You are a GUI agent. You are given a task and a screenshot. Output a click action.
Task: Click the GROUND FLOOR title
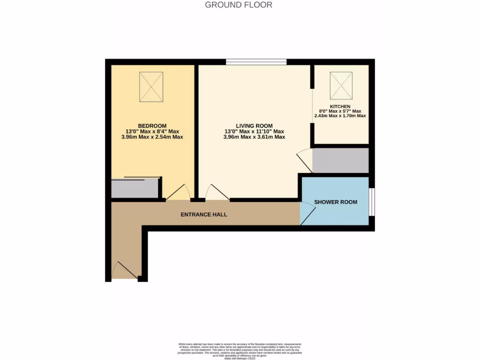click(x=239, y=5)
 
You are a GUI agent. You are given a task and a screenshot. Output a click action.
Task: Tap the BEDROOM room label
click(x=152, y=126)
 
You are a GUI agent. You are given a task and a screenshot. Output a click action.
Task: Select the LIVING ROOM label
click(x=254, y=126)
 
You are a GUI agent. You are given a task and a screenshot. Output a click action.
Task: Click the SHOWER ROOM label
click(x=336, y=202)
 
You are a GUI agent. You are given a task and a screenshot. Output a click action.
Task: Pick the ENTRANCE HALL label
click(x=204, y=215)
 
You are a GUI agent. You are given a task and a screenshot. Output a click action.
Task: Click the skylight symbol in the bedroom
click(x=151, y=87)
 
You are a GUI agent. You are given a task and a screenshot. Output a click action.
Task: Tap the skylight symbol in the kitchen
click(x=341, y=83)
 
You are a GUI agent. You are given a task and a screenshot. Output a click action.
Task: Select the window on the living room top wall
click(x=256, y=61)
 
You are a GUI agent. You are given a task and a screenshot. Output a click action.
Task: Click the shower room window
click(x=371, y=202)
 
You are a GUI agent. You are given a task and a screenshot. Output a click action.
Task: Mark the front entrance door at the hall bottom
click(x=124, y=271)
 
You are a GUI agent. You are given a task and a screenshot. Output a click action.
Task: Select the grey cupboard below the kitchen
click(x=340, y=161)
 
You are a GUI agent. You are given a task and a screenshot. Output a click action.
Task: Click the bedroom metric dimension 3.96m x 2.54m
click(x=152, y=137)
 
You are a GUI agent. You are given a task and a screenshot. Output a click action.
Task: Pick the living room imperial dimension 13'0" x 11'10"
click(x=254, y=132)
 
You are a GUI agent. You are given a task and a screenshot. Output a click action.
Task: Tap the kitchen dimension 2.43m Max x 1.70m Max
click(x=340, y=116)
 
